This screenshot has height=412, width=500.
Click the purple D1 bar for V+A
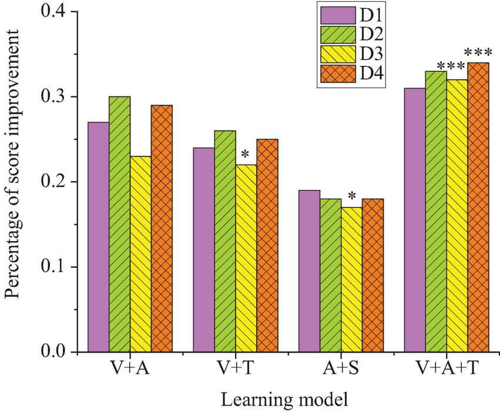click(98, 237)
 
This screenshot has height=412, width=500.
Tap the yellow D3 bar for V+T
click(246, 259)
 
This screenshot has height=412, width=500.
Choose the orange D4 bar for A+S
click(373, 276)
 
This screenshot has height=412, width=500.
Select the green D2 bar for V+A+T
click(436, 212)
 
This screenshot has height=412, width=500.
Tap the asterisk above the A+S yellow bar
click(351, 197)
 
